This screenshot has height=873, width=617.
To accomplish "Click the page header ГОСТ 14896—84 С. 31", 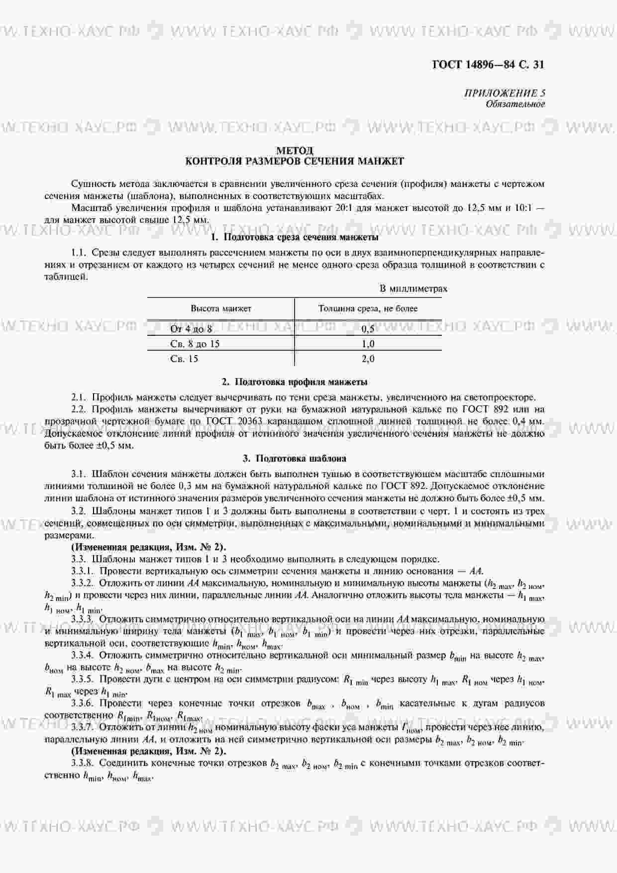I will click(x=488, y=65).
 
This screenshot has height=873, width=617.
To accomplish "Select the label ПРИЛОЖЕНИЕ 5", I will click(x=505, y=93).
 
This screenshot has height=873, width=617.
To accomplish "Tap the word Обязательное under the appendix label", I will click(x=515, y=104).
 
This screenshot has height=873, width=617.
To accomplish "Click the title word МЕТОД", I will click(x=295, y=150).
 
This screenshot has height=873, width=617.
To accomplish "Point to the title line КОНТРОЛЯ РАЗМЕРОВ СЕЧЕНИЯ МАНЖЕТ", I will click(x=295, y=161).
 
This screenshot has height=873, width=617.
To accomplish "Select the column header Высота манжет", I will click(x=221, y=308).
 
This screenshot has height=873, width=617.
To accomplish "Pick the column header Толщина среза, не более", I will click(x=368, y=308).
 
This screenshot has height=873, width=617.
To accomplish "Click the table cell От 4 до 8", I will click(x=191, y=329).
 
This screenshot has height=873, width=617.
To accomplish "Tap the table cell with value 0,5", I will click(x=368, y=329).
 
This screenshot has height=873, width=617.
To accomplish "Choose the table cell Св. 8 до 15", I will click(x=195, y=344).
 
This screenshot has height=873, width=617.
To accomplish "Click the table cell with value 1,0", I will click(x=368, y=344).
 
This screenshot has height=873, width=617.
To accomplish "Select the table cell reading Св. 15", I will click(x=184, y=359).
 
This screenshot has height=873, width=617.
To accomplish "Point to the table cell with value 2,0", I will click(x=368, y=359).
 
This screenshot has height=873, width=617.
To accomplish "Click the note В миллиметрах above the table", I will click(x=413, y=289).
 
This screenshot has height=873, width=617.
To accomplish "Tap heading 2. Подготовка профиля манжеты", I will click(x=295, y=382).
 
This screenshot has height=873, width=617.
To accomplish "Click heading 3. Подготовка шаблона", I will click(x=295, y=458).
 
